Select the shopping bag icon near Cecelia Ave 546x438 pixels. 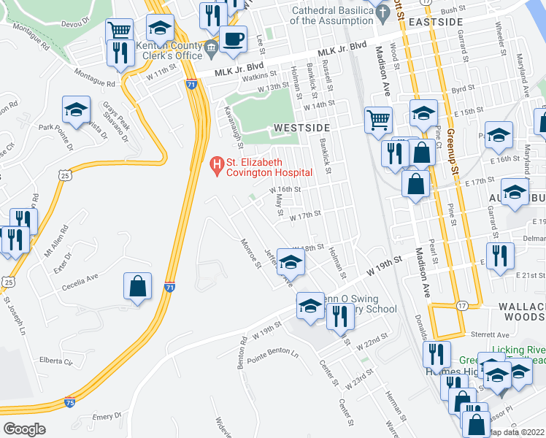[x=138, y=287]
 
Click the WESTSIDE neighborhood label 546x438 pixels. [x=298, y=128]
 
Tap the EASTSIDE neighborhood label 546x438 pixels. [x=435, y=23]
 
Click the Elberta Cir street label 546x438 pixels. [x=58, y=361]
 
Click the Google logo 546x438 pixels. [x=24, y=429]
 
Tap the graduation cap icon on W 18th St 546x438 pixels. [x=291, y=261]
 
